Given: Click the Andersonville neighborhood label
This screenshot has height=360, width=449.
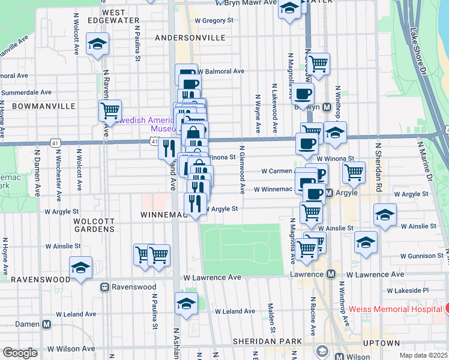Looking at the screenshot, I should [190, 38].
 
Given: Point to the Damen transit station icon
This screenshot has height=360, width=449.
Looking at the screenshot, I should [46, 324].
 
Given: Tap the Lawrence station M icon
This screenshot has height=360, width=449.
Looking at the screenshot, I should [330, 274].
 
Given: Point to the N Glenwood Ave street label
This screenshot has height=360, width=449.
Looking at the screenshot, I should [242, 169].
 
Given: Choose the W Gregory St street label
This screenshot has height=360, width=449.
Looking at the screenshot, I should [215, 20].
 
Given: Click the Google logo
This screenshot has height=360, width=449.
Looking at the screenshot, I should [20, 353].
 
